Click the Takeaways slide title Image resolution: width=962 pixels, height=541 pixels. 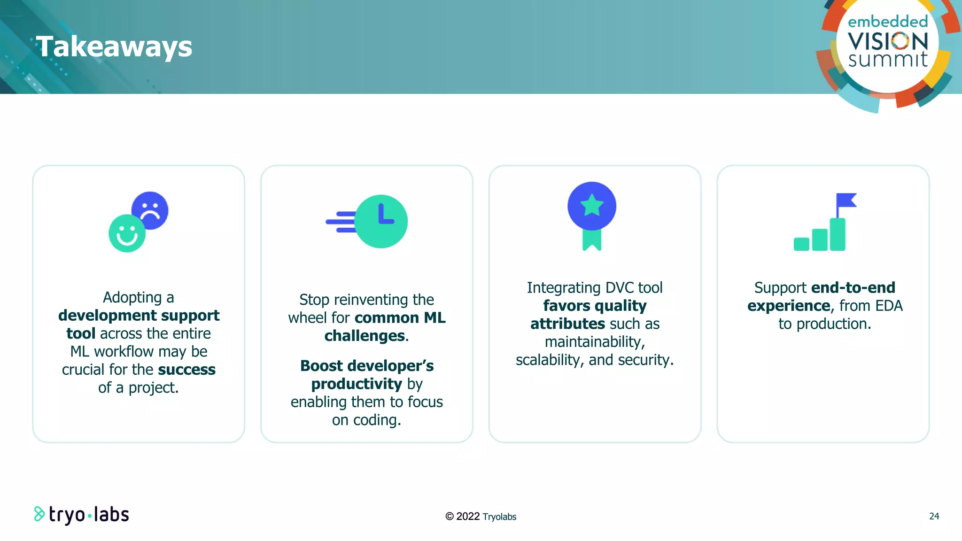(x=114, y=47)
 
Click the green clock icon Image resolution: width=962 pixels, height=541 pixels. (x=381, y=222)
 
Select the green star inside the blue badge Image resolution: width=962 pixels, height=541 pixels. (x=592, y=205)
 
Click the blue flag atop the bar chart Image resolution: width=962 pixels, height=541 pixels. (x=846, y=201)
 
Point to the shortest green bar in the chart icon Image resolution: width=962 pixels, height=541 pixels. (x=801, y=244)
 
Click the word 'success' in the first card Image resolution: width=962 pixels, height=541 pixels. (x=186, y=370)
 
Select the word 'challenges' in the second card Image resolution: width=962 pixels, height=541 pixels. (x=365, y=336)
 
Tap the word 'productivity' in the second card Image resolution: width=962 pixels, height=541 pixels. (x=357, y=384)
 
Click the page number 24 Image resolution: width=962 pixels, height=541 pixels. (x=934, y=516)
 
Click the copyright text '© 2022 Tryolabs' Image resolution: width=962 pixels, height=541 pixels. (x=481, y=517)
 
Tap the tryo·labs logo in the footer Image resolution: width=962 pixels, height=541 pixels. (x=82, y=515)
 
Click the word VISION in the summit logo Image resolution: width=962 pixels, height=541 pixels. (x=887, y=42)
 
